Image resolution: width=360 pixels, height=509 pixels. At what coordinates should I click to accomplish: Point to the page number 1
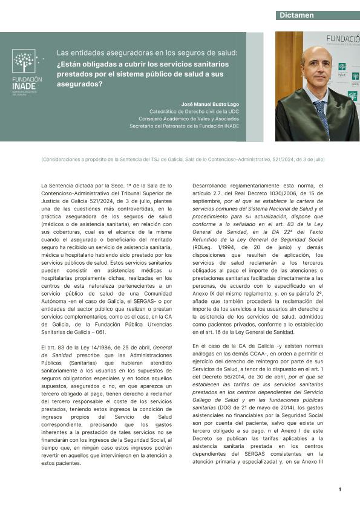coord(339,489)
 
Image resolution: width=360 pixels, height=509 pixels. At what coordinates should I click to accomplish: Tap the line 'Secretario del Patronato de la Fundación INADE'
coord(184,126)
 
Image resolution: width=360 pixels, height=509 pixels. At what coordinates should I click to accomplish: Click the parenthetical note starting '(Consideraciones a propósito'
coord(183,159)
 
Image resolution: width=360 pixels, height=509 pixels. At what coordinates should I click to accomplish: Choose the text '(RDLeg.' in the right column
coord(203,247)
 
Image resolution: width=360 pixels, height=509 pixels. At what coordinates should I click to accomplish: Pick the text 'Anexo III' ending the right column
coord(312,462)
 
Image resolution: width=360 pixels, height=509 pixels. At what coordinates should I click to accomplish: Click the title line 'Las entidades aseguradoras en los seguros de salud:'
coord(147,53)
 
